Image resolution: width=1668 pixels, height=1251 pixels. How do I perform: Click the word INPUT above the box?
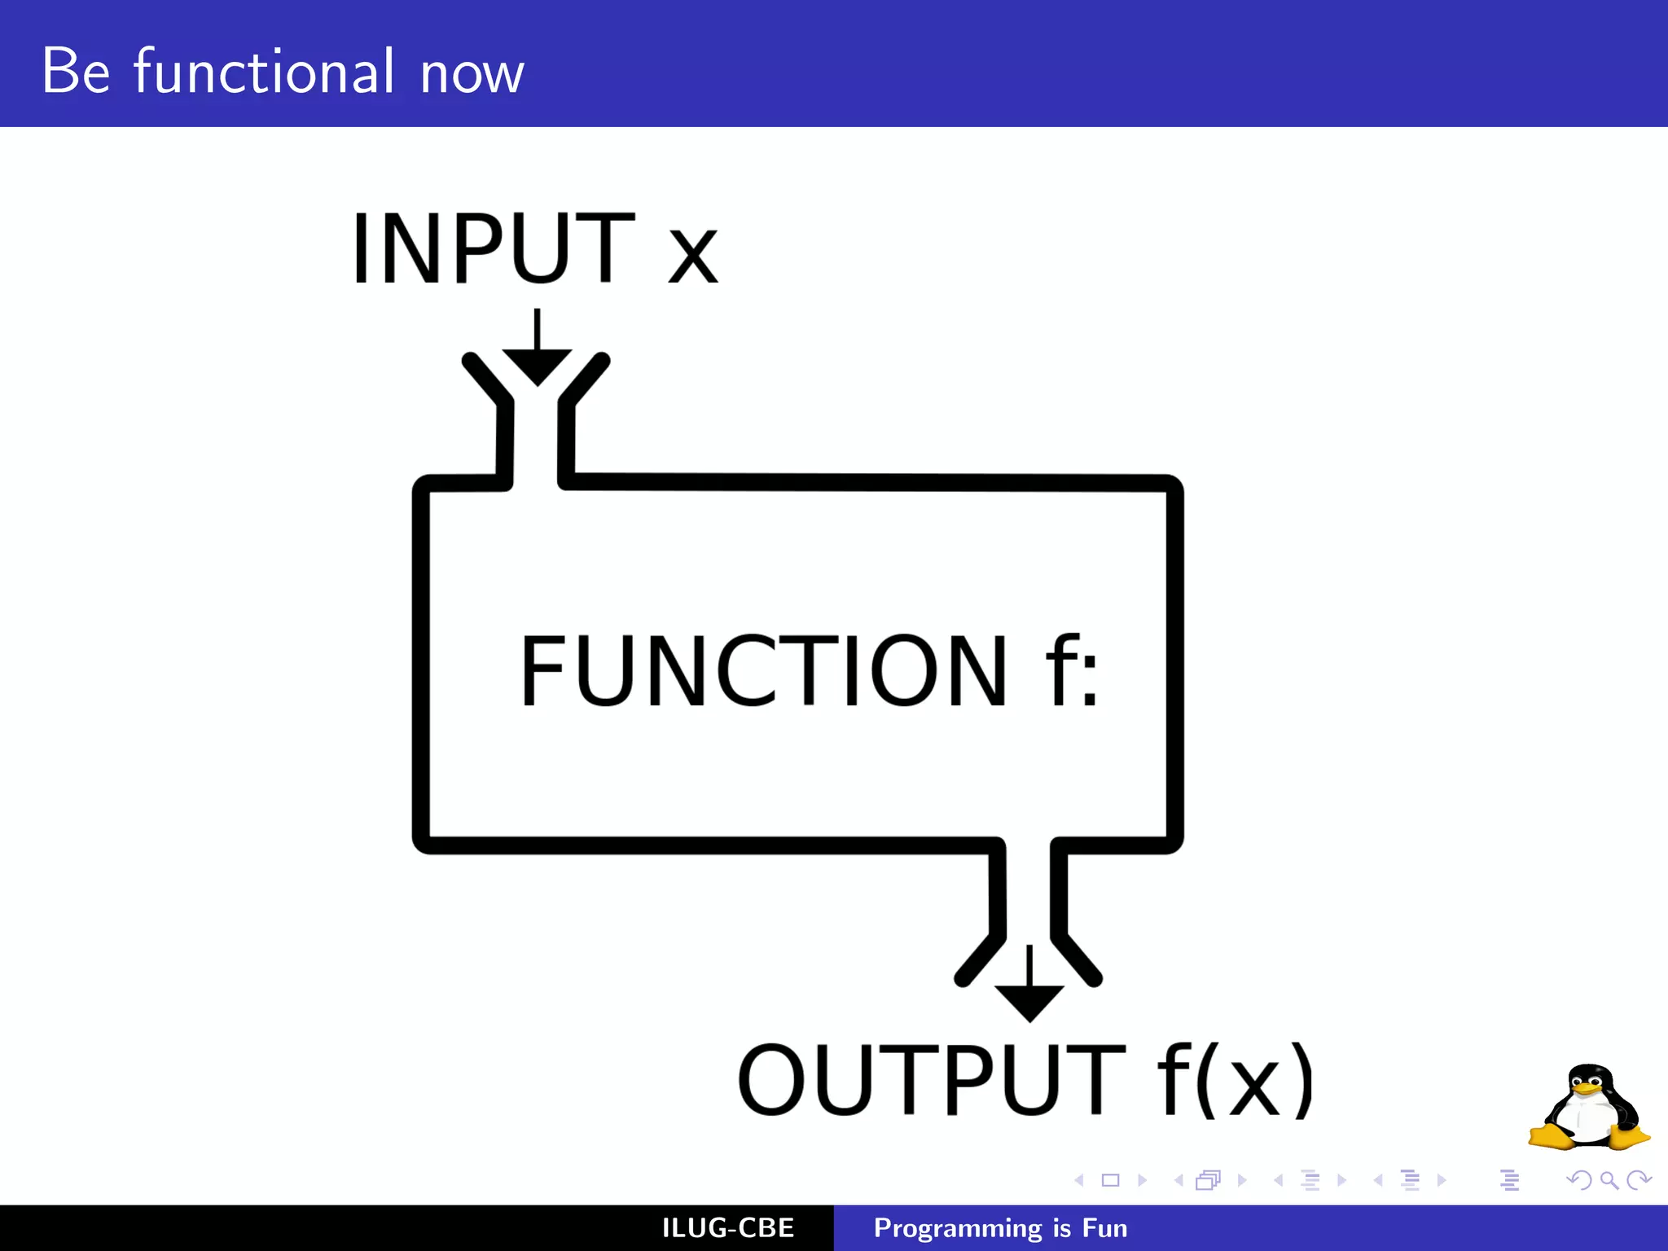click(493, 248)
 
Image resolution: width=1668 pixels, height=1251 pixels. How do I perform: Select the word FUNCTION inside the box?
click(764, 670)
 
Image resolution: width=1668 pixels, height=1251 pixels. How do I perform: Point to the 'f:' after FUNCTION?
click(1072, 670)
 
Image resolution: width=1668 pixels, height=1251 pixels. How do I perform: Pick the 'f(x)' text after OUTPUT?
click(1235, 1080)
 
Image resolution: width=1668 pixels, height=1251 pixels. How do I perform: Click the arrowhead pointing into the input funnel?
click(537, 366)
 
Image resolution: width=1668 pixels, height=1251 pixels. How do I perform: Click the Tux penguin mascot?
click(1588, 1108)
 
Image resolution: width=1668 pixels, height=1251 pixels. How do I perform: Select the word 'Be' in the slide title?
click(76, 72)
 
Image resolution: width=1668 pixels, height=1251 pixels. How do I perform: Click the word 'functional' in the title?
click(265, 72)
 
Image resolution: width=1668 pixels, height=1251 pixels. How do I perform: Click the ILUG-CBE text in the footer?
click(728, 1228)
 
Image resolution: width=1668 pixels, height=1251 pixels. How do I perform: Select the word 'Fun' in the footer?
click(1105, 1228)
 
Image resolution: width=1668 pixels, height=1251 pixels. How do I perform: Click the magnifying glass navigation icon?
click(1609, 1180)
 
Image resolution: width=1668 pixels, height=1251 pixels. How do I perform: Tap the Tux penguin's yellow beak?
click(1587, 1089)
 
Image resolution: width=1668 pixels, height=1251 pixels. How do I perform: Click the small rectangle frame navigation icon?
click(1110, 1180)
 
